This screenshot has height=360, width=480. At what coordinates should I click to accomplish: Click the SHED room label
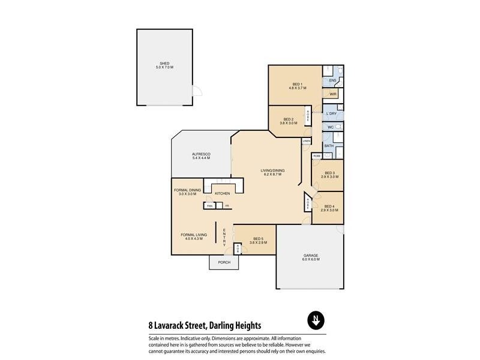tap(164, 63)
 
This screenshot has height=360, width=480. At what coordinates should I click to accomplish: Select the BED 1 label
tap(298, 84)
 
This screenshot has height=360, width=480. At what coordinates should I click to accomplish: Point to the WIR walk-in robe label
tap(332, 94)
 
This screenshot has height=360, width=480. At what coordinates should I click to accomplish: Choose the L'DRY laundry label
tap(331, 113)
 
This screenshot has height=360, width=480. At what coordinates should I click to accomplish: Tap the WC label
tap(330, 127)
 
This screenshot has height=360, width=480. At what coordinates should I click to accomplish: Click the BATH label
tap(329, 146)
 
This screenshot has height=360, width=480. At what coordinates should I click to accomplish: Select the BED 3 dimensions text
tap(329, 177)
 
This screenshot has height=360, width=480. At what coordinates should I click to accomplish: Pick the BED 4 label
tap(329, 206)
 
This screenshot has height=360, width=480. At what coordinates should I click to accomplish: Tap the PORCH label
tap(224, 262)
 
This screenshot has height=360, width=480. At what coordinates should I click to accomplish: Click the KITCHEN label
tap(223, 193)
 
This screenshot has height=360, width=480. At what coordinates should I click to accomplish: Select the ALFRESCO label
tap(200, 154)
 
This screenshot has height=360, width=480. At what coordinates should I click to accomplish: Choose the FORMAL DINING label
tap(187, 190)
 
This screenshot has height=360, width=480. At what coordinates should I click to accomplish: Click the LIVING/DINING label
tap(272, 170)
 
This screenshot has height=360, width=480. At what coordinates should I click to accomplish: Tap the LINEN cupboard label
tap(307, 141)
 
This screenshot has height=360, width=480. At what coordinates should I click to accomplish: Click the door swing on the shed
tap(196, 92)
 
